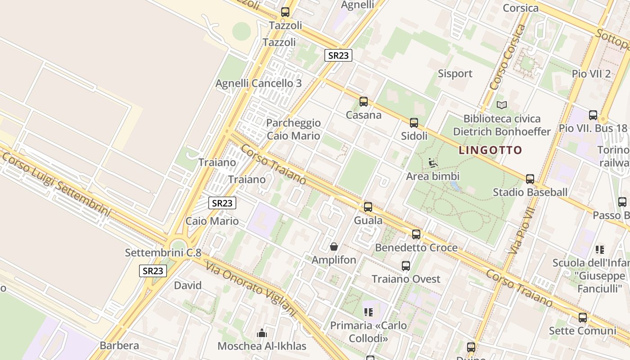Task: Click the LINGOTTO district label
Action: pos(490,150)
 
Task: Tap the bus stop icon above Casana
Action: pos(364,102)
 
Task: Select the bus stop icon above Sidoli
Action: pos(414,122)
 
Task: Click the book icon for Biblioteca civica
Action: pos(502,105)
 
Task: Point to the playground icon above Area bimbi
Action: pos(433,162)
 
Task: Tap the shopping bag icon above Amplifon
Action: pos(334,247)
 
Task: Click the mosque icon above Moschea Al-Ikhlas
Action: pos(261,333)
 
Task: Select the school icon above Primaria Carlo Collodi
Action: pos(369,312)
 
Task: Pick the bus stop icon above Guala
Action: pos(368,207)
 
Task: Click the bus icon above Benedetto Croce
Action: pos(416,234)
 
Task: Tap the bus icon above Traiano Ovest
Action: pos(406,266)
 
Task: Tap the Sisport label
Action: pos(455,73)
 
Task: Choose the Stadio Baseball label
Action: pos(530,192)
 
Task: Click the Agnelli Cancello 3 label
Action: pos(259,83)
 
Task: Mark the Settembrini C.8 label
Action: pos(163,252)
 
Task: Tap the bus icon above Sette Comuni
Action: pos(583,318)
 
